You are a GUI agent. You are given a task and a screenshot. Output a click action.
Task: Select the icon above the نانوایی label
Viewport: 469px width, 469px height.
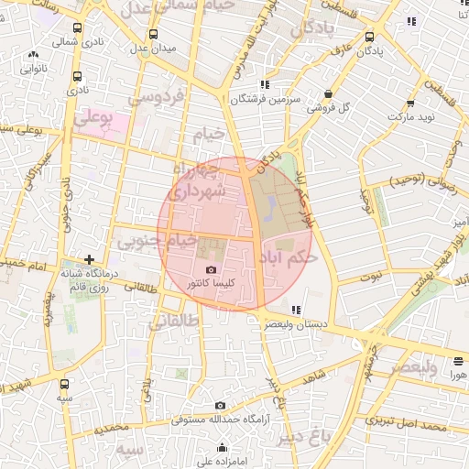tap(34, 55)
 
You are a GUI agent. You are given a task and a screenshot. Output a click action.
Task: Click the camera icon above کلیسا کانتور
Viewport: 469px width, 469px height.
tap(212, 270)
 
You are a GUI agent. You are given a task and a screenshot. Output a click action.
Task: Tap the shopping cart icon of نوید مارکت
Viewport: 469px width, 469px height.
tap(411, 104)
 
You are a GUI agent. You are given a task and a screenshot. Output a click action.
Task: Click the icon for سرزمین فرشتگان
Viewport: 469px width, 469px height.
tap(265, 84)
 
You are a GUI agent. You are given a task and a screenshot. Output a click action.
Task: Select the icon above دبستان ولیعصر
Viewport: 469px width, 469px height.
tap(295, 310)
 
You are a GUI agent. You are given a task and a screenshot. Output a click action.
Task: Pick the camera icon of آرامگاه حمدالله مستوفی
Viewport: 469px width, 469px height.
tap(220, 405)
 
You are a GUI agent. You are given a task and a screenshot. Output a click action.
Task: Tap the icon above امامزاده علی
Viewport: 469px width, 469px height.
tap(223, 448)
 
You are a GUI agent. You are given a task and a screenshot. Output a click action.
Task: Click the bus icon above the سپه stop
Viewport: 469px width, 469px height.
tap(64, 385)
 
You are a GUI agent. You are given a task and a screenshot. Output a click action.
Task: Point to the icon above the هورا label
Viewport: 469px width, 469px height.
tap(457, 360)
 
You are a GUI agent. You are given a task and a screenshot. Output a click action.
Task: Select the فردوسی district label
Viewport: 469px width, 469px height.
tap(157, 95)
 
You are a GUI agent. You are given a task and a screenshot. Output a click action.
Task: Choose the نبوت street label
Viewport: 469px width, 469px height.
tap(370, 275)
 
